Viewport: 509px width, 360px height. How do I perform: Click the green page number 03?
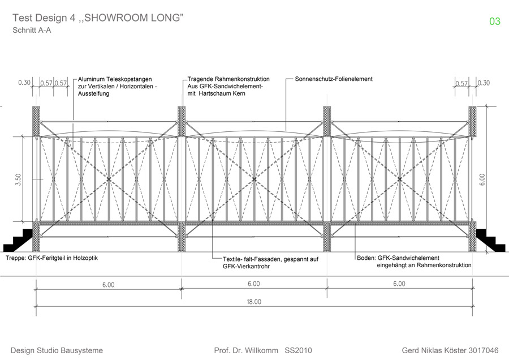[495, 22]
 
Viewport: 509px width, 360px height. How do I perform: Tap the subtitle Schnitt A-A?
[32, 30]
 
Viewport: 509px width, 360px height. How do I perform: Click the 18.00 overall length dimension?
[254, 302]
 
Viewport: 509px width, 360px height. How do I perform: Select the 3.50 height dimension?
[18, 179]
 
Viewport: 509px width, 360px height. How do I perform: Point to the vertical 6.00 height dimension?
[482, 179]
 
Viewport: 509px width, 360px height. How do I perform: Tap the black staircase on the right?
[490, 241]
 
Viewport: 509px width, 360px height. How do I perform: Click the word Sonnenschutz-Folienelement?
[334, 79]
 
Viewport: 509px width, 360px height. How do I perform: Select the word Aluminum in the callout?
[92, 79]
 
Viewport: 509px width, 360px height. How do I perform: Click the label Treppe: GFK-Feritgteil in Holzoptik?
[51, 258]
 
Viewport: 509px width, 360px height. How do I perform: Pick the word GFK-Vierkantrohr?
[246, 267]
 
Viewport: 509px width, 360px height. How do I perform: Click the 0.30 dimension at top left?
[24, 83]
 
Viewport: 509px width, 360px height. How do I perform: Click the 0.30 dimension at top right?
[484, 83]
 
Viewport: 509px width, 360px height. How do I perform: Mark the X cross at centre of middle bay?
[254, 179]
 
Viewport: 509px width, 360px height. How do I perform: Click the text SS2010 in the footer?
[298, 350]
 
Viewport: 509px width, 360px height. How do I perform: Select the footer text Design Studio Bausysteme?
[57, 350]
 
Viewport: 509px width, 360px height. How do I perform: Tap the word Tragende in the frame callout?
[200, 79]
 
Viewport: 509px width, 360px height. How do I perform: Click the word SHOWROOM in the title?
[112, 18]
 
